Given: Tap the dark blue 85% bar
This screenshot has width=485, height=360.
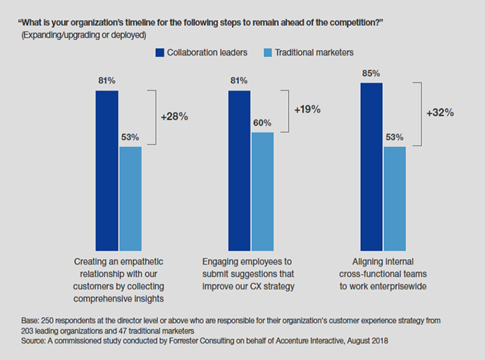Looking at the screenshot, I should tap(371, 164).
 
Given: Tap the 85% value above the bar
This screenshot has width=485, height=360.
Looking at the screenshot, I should tap(371, 73).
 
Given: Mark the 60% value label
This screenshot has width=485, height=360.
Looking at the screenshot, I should tap(262, 123).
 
